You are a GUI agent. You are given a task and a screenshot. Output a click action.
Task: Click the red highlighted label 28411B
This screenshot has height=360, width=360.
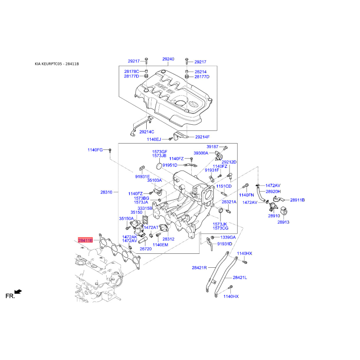click(x=85, y=241)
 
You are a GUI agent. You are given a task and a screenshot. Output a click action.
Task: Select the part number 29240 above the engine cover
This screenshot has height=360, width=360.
click(x=168, y=59)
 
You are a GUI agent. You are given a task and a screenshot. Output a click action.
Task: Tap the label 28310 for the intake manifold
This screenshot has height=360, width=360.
click(x=106, y=192)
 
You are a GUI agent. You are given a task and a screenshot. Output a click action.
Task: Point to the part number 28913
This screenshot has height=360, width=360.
click(x=283, y=222)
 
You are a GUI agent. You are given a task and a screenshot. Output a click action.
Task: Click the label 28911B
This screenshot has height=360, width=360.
click(x=297, y=200)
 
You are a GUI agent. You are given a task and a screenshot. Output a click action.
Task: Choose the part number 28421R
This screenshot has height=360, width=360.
click(x=199, y=268)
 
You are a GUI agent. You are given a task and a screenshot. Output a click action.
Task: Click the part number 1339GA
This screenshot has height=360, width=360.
click(x=228, y=237)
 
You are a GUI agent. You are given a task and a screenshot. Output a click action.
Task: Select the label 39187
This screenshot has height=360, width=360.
click(x=212, y=147)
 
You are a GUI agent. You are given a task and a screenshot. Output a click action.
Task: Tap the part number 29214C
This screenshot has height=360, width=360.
click(x=146, y=132)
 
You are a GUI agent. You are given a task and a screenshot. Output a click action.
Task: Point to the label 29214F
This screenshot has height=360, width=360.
click(x=202, y=137)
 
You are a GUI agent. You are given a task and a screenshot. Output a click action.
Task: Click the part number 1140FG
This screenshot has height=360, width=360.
click(x=95, y=149)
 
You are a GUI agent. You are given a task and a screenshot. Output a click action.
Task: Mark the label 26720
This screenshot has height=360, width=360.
click(x=145, y=249)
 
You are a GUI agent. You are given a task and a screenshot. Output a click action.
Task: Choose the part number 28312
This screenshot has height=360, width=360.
click(x=168, y=239)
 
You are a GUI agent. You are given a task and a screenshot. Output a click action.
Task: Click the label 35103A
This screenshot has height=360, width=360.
click(x=154, y=180)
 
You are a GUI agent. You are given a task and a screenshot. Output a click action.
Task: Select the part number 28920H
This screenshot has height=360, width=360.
click(x=273, y=191)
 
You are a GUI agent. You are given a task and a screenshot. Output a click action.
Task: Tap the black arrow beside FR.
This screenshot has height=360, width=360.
click(x=18, y=292)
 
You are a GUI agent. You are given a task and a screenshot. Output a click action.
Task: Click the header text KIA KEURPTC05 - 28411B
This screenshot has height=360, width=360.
click(x=57, y=64)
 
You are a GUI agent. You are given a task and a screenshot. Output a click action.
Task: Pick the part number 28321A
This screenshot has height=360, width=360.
click(x=229, y=202)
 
